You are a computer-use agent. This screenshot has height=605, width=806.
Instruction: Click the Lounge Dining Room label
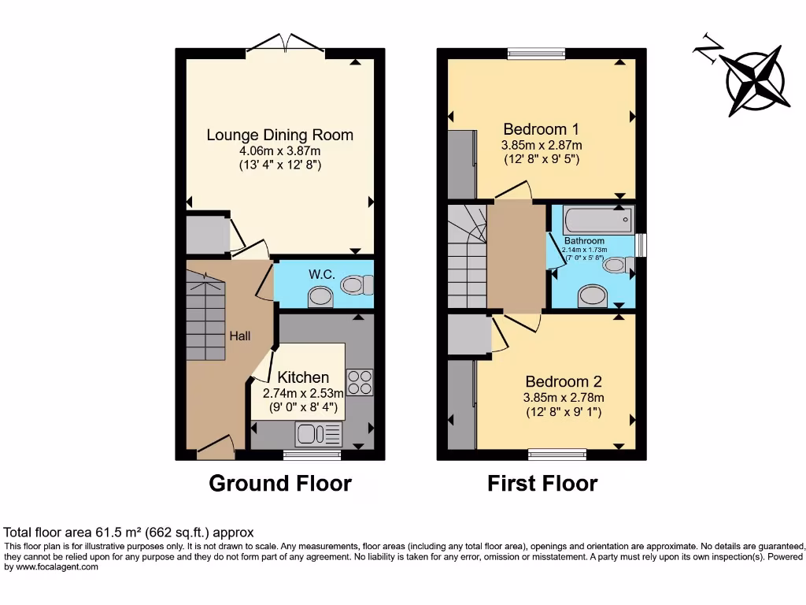click(x=279, y=135)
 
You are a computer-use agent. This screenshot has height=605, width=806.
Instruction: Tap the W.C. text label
click(x=322, y=275)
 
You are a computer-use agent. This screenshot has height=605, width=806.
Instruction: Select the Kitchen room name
click(x=303, y=377)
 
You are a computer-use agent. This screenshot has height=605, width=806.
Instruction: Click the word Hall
click(x=240, y=336)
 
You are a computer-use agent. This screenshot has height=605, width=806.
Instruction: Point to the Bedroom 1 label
click(x=542, y=129)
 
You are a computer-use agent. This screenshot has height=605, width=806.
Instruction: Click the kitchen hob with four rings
click(x=360, y=382)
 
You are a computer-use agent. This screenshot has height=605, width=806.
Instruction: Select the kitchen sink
click(x=319, y=434)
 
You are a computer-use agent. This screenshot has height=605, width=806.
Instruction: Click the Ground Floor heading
click(x=279, y=483)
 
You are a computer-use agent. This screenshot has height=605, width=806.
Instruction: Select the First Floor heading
click(x=542, y=483)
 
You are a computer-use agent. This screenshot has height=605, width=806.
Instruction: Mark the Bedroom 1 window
click(x=536, y=54)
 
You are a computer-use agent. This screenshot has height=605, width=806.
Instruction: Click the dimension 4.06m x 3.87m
click(x=279, y=151)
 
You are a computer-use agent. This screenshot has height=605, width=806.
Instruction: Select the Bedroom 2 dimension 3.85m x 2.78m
click(x=564, y=398)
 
